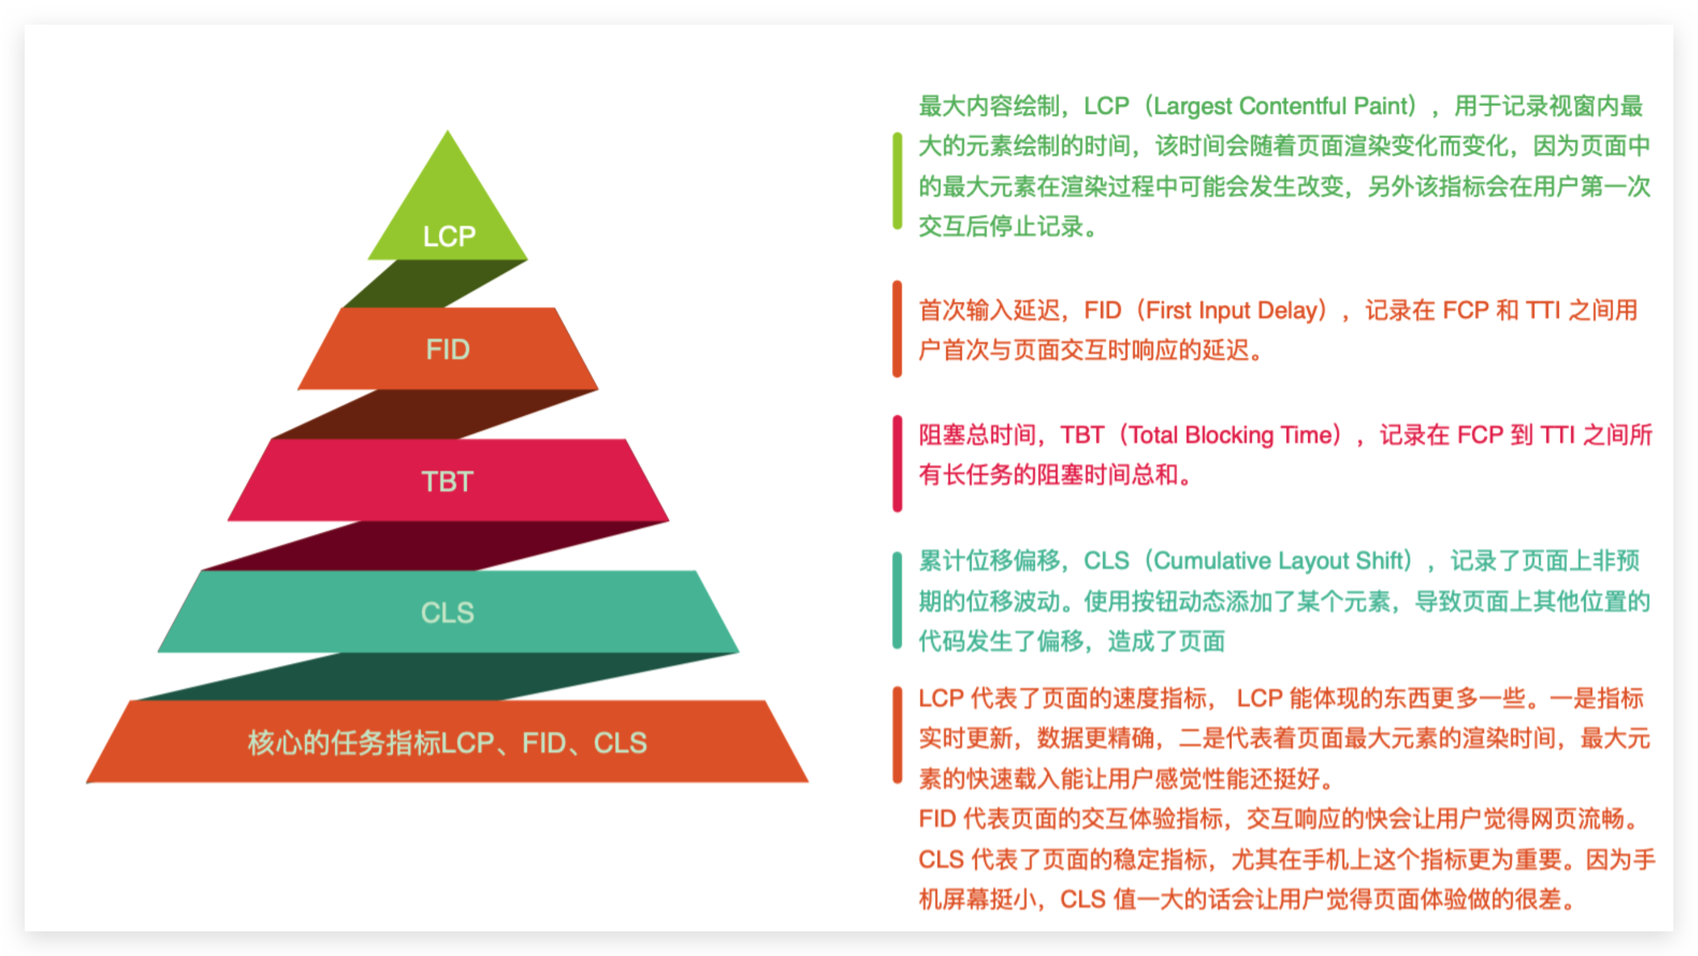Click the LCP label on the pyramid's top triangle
click(449, 236)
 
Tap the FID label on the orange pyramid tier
click(448, 349)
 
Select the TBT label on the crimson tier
click(448, 481)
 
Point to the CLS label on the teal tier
click(448, 612)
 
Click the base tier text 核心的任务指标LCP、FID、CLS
click(448, 743)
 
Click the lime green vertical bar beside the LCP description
click(897, 180)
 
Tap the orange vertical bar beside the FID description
click(897, 329)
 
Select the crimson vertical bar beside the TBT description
click(897, 463)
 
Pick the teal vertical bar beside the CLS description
click(897, 601)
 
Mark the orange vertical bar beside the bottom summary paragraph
click(897, 735)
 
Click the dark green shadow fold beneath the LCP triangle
click(435, 283)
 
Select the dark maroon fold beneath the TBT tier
click(435, 546)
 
